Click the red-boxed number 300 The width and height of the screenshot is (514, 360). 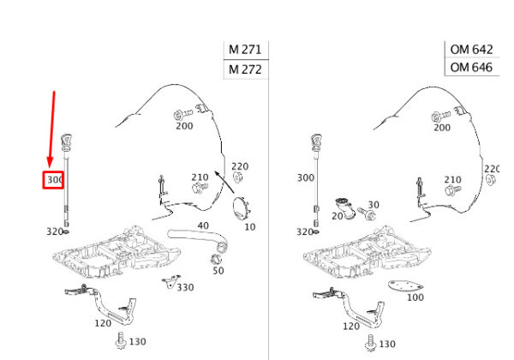(x=55, y=181)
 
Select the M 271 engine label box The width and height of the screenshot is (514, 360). (x=244, y=50)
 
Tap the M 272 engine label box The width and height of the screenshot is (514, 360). (x=244, y=69)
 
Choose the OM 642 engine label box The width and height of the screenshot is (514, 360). (x=470, y=50)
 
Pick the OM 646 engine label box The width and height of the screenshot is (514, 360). (x=470, y=67)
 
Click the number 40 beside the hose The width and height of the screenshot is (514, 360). (x=203, y=226)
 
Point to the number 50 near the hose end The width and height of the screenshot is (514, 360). (x=218, y=270)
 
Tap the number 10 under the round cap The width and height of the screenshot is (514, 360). (x=250, y=226)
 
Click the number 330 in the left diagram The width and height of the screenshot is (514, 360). (x=186, y=287)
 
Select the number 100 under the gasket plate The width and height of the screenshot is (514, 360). (x=415, y=297)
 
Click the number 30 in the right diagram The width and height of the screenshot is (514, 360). (x=373, y=206)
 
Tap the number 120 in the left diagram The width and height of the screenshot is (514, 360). (x=103, y=323)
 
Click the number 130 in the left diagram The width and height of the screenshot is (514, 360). (x=137, y=342)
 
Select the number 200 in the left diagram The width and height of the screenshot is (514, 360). (x=184, y=126)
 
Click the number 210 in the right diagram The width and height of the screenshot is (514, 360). (x=452, y=180)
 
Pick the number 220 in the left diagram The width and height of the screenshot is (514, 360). (x=240, y=166)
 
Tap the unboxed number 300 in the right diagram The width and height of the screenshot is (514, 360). (x=305, y=177)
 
